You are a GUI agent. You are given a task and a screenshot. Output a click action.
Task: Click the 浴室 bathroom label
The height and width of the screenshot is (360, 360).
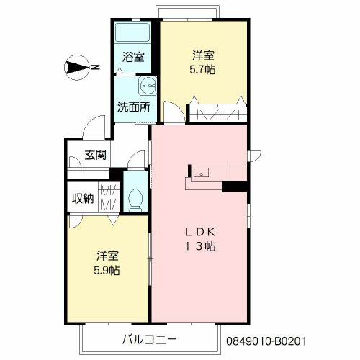pos(133,57)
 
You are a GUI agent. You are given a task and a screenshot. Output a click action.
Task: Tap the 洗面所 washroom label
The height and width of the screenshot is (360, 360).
pos(134,107)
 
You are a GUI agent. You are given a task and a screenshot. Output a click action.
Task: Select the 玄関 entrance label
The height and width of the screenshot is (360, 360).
pos(95,155)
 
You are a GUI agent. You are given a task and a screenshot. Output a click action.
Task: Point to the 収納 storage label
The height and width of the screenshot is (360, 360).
pos(83,199)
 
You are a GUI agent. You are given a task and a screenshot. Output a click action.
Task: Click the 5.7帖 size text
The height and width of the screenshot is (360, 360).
pos(202,70)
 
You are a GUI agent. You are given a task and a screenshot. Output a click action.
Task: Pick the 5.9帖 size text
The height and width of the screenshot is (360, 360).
pos(107,271)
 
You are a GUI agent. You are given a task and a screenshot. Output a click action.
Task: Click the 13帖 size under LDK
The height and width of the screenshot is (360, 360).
pos(199,246)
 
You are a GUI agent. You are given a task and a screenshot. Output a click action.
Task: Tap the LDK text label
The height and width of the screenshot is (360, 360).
pos(199,232)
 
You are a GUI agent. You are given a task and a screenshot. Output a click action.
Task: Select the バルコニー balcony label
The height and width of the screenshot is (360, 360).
pos(149,340)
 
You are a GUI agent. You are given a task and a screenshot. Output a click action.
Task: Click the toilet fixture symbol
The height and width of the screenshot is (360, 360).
pos(135,200)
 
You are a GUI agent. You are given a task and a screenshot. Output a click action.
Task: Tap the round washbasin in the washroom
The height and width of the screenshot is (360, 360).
pos(147,86)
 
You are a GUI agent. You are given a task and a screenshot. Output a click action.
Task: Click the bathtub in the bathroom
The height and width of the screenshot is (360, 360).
pos(132,32)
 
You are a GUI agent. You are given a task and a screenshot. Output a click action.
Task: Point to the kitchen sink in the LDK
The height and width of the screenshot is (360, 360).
pos(201,172)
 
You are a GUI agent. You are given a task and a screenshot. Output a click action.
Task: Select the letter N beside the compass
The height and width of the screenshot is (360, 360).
pos(96,67)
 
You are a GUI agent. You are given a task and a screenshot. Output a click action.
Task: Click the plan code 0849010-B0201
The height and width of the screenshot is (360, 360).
pos(266,341)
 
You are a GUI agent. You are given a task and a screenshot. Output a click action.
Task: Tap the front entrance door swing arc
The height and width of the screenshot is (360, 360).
pos(90,121)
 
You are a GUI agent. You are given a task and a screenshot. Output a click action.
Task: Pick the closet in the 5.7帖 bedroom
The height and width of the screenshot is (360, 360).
pos(218,114)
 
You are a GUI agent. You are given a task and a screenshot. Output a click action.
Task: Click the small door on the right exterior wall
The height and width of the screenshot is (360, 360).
pos(255,156)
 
